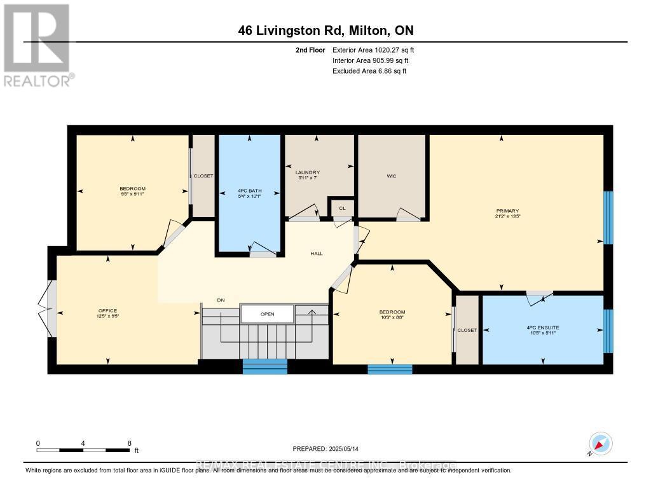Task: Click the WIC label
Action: [392, 176]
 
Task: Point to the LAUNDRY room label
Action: [307, 173]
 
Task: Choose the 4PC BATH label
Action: [249, 191]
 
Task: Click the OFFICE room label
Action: [107, 311]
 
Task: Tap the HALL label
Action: [316, 254]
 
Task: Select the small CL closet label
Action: [342, 208]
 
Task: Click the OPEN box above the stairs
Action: [267, 314]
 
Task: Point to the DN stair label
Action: [221, 300]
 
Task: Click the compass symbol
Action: [600, 443]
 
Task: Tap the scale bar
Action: [83, 450]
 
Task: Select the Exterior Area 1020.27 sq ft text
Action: [374, 50]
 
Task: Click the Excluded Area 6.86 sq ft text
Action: [369, 71]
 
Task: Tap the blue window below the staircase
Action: [265, 366]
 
